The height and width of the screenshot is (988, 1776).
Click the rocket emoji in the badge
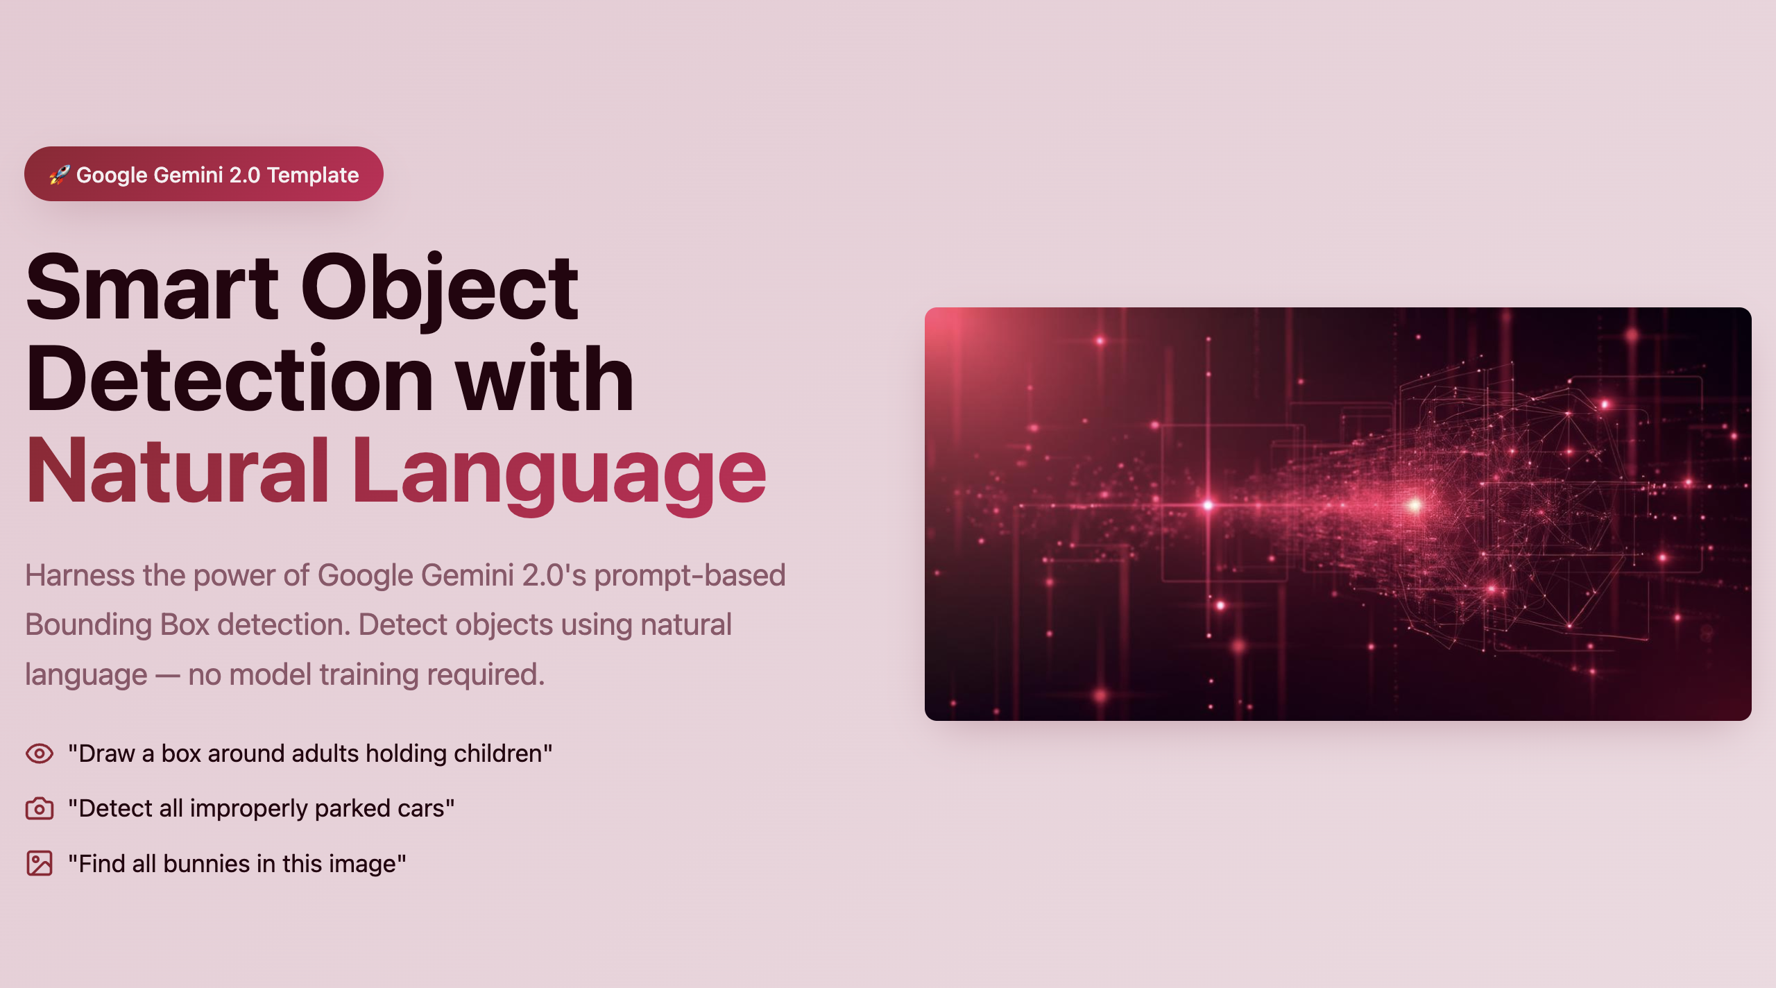click(60, 174)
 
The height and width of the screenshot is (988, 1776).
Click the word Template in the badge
click(313, 176)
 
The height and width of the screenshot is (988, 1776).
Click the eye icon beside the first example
click(40, 753)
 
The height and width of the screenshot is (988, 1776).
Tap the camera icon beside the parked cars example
click(40, 808)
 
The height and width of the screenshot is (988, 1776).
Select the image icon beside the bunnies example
click(40, 864)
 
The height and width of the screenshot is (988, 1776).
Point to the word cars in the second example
click(420, 810)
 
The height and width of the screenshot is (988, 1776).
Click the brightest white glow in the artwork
click(1414, 505)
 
